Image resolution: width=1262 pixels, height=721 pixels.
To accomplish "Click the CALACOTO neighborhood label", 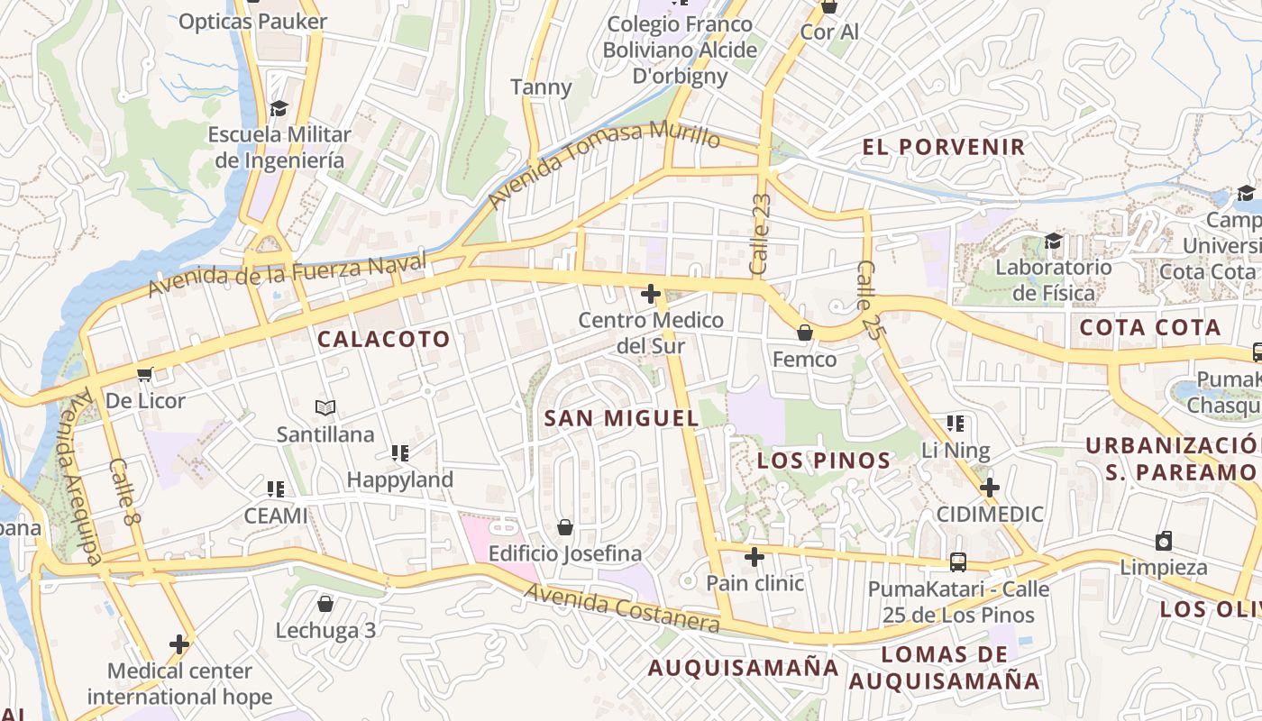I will (x=383, y=340).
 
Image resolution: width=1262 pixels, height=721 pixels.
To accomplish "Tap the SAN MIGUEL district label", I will (x=622, y=418).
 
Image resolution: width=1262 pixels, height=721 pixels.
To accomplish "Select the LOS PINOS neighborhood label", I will (x=824, y=461).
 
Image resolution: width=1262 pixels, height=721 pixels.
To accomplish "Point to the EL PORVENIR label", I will (x=944, y=147).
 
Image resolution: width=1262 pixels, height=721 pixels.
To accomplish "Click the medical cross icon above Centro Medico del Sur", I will (x=650, y=294).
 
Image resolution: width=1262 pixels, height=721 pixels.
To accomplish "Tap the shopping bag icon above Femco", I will (x=804, y=333).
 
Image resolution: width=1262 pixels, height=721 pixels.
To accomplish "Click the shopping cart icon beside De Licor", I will (x=144, y=374).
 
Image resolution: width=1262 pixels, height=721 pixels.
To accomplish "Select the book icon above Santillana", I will (x=325, y=407).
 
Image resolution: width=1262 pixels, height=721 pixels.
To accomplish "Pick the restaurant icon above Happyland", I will (x=400, y=452).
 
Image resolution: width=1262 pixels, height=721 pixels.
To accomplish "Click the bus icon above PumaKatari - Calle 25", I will (x=958, y=562).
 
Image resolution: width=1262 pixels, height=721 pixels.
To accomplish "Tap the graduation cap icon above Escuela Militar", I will (x=279, y=108).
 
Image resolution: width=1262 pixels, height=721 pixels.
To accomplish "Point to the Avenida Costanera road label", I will (x=622, y=608).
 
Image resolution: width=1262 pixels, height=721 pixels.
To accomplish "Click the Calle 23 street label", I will (x=760, y=234).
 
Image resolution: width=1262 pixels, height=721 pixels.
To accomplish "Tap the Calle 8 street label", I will (x=126, y=492).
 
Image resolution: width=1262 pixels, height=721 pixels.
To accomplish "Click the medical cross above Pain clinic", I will (x=754, y=556).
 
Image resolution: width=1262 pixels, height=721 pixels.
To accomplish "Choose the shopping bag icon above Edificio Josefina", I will (x=565, y=526).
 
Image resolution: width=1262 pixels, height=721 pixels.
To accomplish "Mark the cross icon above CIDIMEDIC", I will (x=990, y=488).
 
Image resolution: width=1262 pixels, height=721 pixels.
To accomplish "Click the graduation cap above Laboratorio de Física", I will (x=1053, y=241).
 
